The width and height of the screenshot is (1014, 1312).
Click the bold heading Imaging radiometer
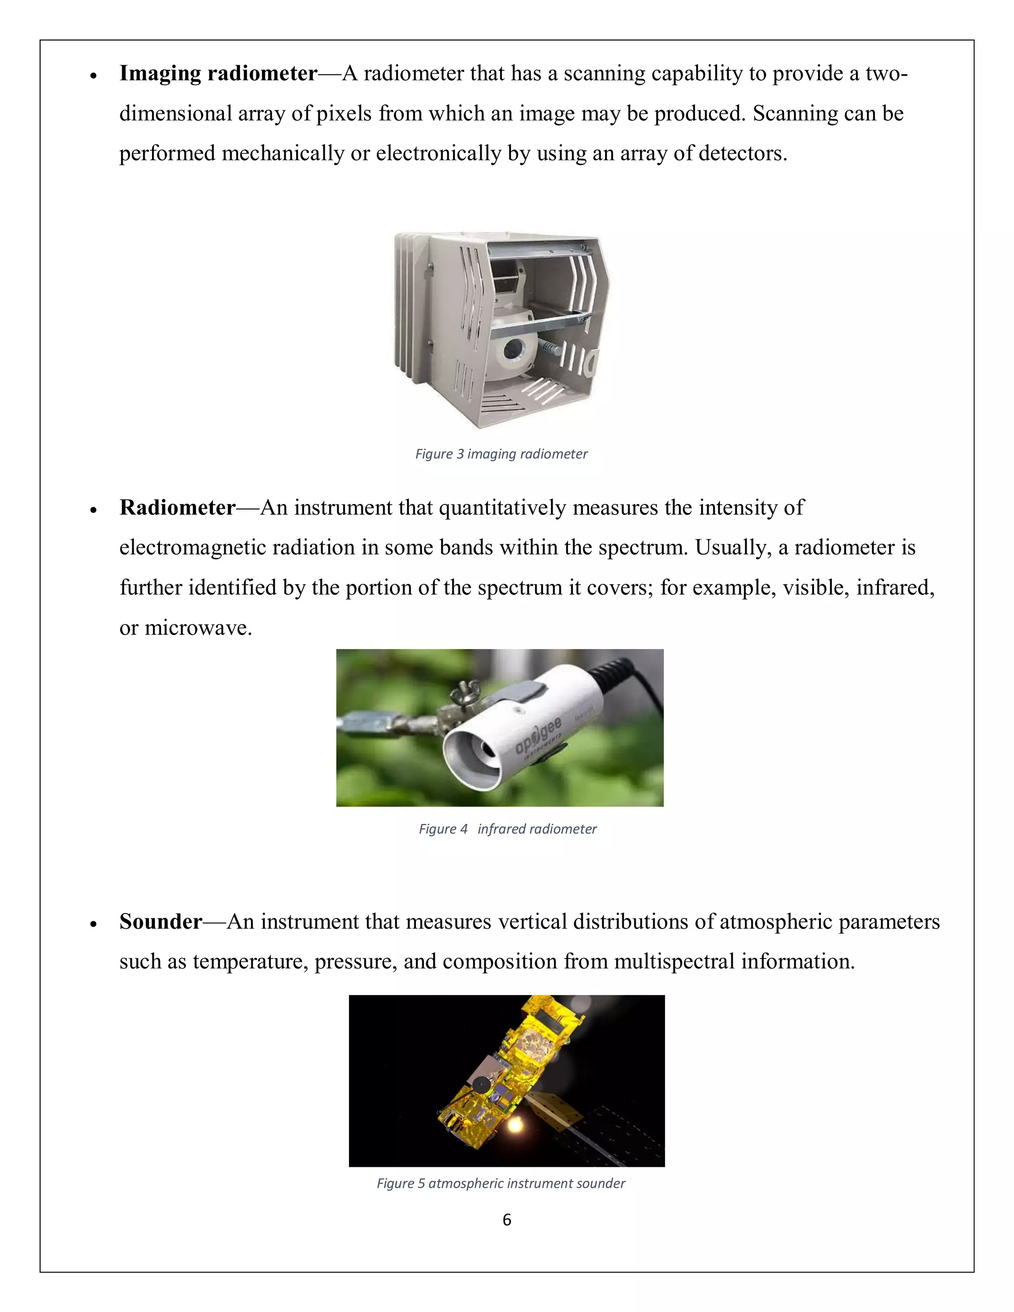click(218, 73)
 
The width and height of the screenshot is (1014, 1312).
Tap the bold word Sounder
click(160, 921)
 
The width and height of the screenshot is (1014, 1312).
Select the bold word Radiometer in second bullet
click(177, 507)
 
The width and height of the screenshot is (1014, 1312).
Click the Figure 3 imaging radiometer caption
click(501, 454)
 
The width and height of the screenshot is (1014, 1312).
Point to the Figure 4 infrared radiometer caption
click(507, 829)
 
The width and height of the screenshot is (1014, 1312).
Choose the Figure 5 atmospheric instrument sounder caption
click(501, 1183)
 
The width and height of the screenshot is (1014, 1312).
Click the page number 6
click(507, 1219)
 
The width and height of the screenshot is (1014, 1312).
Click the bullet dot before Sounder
click(93, 924)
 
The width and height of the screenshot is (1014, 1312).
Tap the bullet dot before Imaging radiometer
click(93, 76)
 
